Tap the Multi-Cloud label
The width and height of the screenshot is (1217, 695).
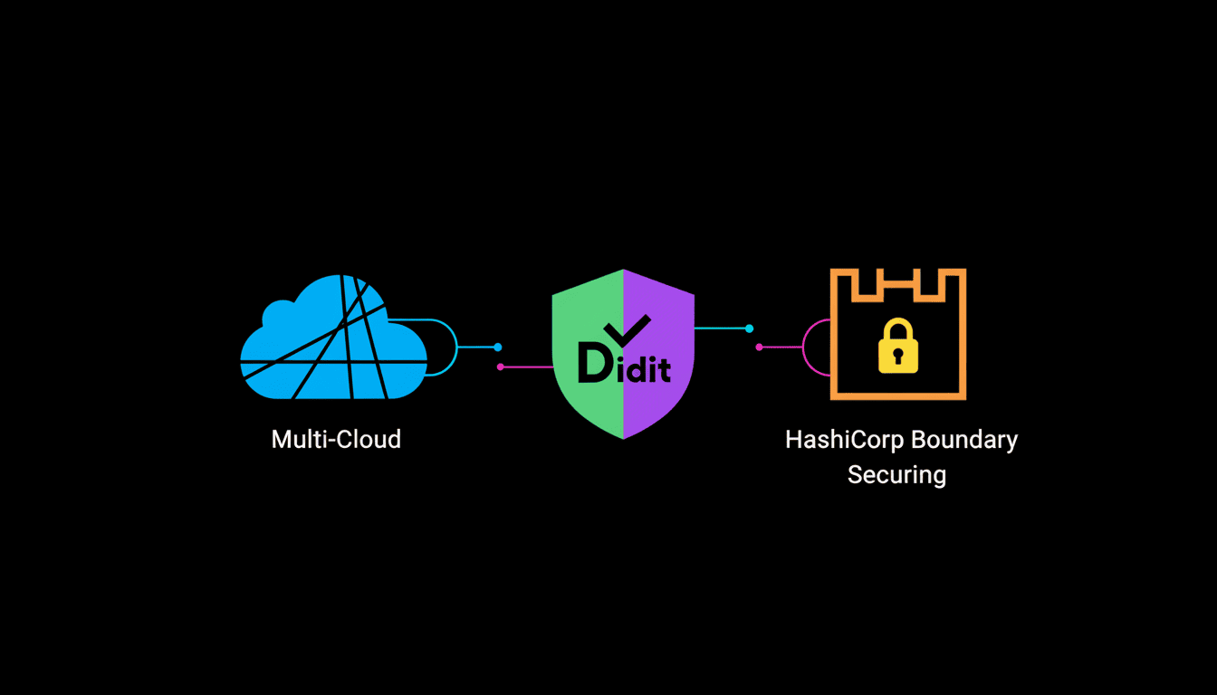pos(336,440)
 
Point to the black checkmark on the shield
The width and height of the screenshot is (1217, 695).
pos(627,329)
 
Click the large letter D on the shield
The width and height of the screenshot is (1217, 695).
pos(594,363)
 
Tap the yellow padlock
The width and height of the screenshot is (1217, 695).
pos(897,347)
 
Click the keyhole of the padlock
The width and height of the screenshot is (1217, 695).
pos(897,356)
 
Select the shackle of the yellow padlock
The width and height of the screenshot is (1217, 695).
pos(897,328)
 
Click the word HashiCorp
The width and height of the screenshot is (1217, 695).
pos(844,440)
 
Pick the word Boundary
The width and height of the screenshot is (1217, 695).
pos(963,440)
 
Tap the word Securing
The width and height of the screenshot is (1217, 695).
pos(896,474)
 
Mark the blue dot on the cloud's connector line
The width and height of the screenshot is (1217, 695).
pos(497,347)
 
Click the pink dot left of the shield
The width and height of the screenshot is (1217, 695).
pos(500,367)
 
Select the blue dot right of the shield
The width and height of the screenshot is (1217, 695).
pos(749,328)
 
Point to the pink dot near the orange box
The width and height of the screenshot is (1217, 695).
pos(759,347)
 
